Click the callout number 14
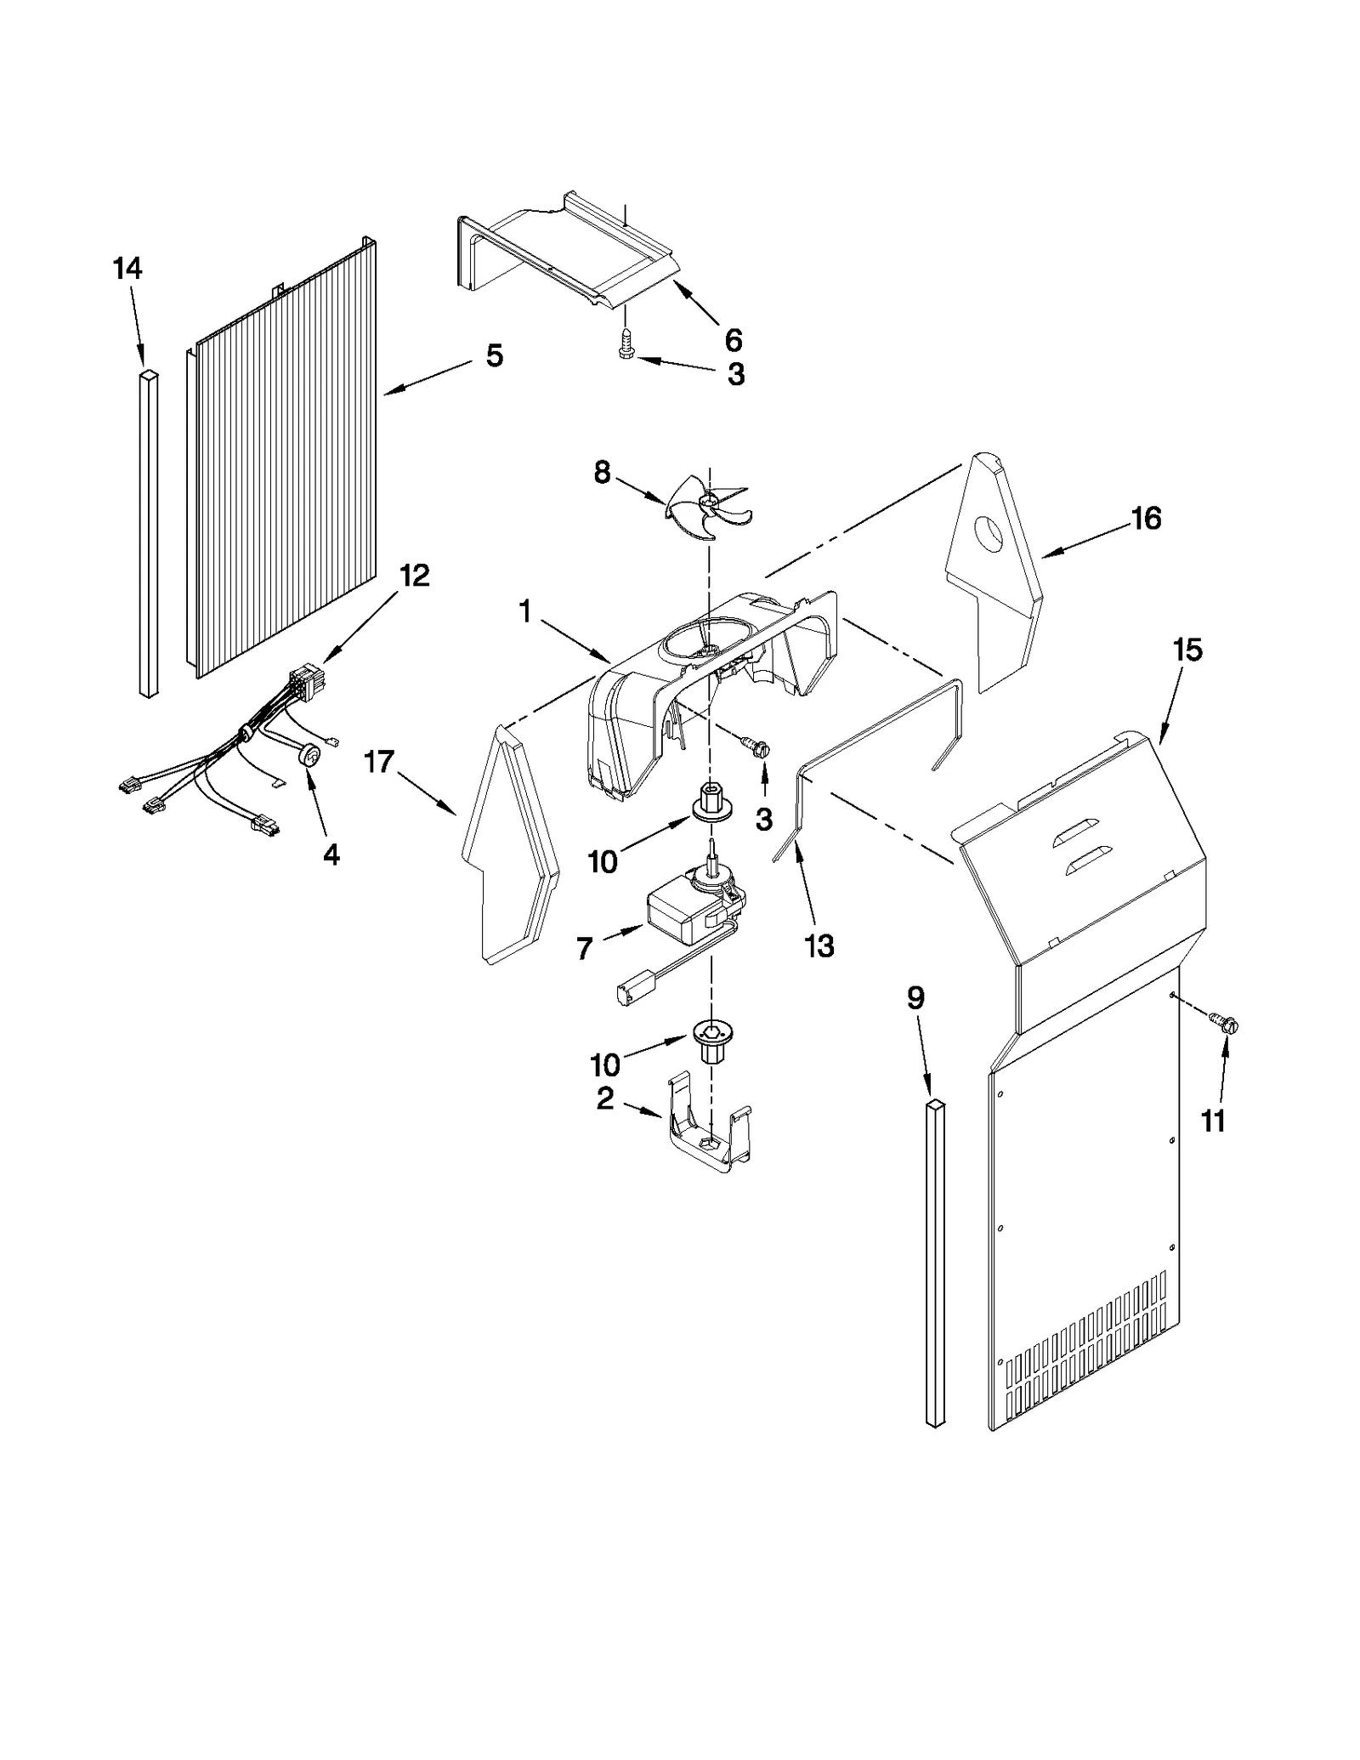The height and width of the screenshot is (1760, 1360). [x=127, y=269]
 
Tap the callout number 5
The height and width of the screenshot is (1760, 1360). [x=494, y=355]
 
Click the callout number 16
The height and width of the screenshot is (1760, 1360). [x=1147, y=518]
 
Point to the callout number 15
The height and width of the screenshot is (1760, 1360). [x=1187, y=650]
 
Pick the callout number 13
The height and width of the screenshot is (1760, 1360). [x=819, y=946]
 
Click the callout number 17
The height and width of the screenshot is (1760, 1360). [x=379, y=762]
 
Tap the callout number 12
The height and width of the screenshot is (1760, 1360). [x=414, y=576]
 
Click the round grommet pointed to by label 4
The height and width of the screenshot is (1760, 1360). [x=310, y=757]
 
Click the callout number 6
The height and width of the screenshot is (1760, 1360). [x=734, y=340]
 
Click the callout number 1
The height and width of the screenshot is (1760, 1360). [x=524, y=610]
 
